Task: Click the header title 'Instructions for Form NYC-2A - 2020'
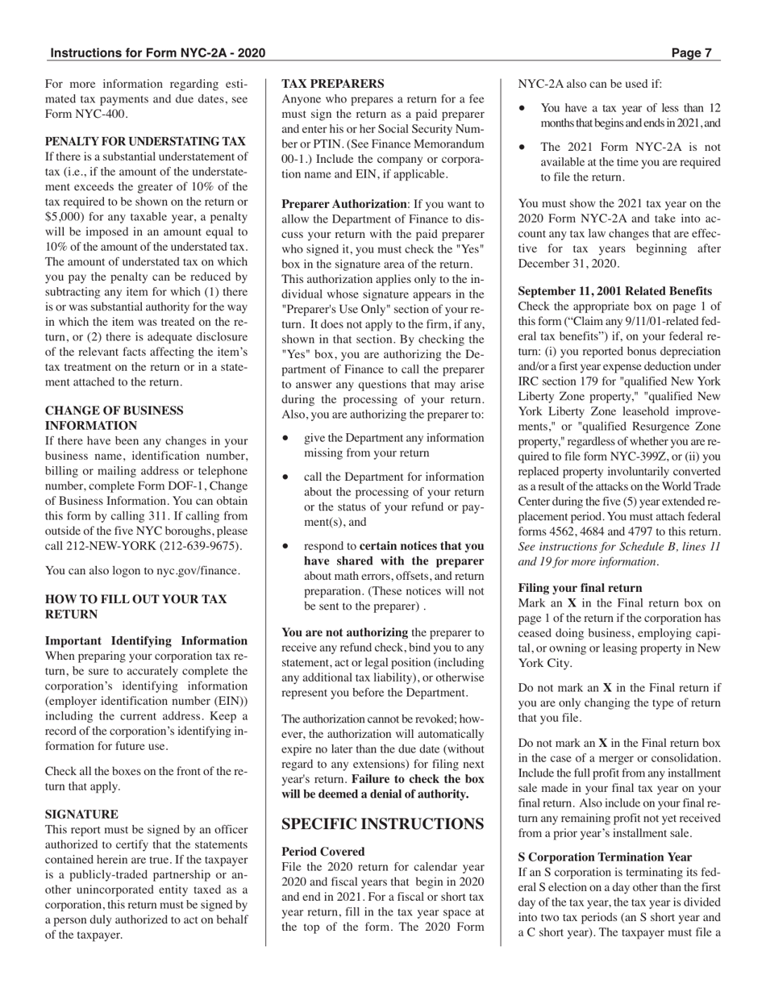(157, 54)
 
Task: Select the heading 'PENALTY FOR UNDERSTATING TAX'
(145, 141)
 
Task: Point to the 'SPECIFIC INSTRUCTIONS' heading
(382, 823)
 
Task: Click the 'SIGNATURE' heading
(81, 815)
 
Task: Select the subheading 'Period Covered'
(323, 851)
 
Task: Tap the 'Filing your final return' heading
(580, 588)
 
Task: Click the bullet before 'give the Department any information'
(286, 438)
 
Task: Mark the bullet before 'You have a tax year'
(523, 108)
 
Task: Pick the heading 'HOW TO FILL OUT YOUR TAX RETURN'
(135, 606)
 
